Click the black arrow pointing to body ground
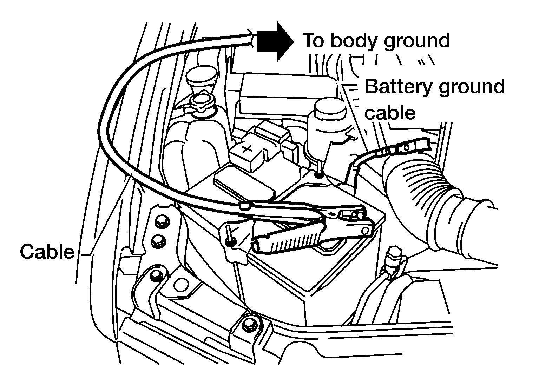[x=274, y=42]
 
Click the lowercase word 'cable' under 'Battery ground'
[x=390, y=113]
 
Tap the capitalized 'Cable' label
[x=47, y=252]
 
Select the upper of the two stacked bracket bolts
[x=162, y=221]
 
